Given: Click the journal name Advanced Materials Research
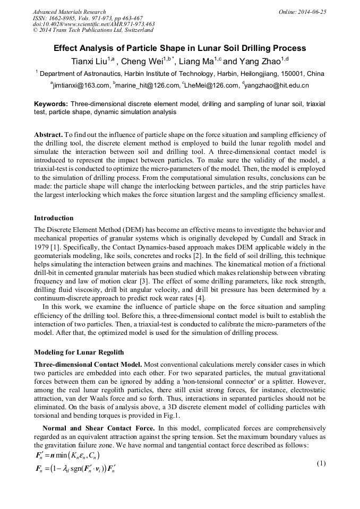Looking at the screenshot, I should pos(69,12).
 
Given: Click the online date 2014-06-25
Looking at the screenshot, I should pos(313,12).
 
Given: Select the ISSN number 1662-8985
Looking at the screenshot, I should pos(63,18).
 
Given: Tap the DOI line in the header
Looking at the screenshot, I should pos(94,24).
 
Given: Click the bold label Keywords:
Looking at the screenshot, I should pos(52,105).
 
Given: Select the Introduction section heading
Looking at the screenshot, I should pos(54,218).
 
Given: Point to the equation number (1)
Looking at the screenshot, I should pos(320,463).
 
